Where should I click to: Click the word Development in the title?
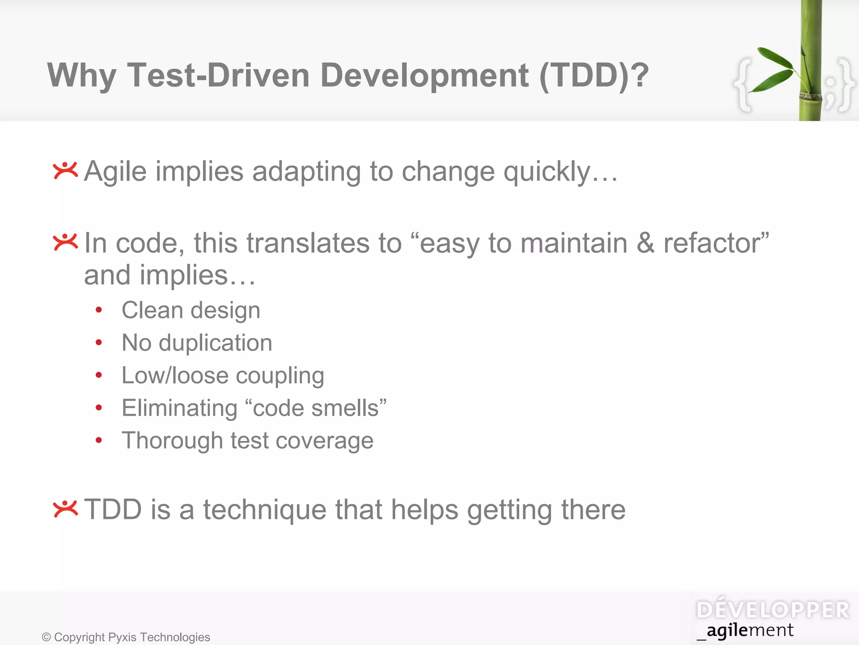click(424, 76)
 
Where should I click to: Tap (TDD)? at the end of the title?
click(593, 76)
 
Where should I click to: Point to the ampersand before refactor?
click(645, 244)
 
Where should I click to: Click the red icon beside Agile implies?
click(65, 170)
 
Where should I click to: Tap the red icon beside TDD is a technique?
click(65, 509)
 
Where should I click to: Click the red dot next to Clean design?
click(99, 310)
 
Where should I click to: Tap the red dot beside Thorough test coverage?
click(99, 440)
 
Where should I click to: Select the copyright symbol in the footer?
click(46, 637)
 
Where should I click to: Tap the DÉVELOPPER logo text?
click(773, 610)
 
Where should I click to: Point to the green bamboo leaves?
click(774, 69)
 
